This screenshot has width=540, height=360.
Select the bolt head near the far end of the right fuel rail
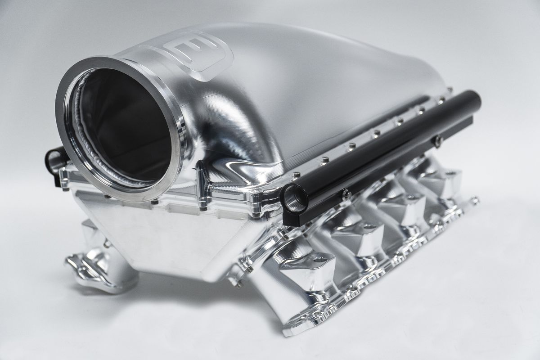[437, 141]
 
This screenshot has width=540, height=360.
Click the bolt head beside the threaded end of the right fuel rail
[346, 194]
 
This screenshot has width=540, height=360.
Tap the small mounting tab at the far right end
[473, 199]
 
